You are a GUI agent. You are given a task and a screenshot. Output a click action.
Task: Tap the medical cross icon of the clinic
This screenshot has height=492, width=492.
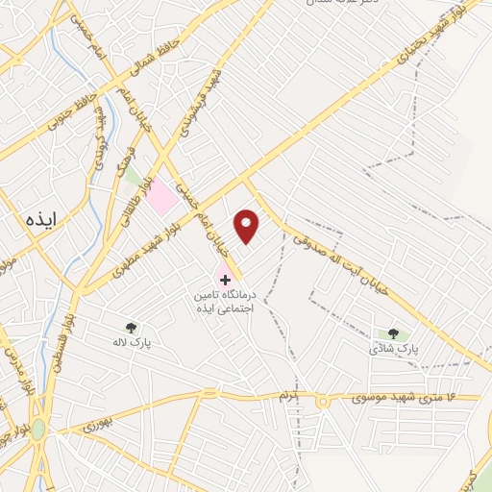click(x=225, y=280)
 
